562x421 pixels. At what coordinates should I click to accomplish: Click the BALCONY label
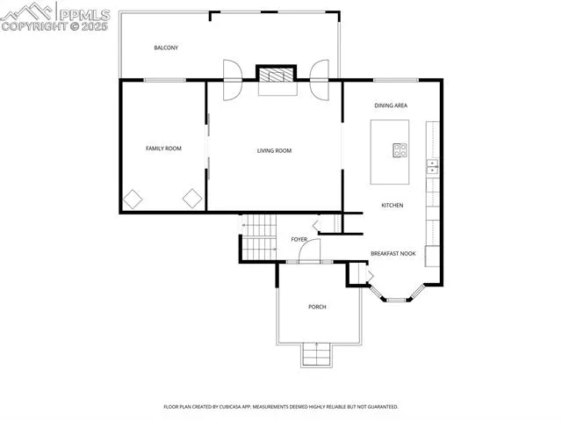coord(166,47)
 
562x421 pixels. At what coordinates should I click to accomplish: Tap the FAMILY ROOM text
coord(163,149)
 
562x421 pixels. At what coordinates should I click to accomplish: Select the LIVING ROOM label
coord(274,151)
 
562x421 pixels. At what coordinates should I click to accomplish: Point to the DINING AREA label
coord(391,105)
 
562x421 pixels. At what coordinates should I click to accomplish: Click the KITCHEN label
coord(392,206)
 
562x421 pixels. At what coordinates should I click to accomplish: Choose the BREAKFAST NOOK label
coord(393,253)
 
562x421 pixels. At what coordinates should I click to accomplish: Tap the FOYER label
coord(299,239)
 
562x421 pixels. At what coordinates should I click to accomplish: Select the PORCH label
coord(317,307)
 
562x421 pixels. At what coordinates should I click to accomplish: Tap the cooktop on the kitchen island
coord(400,150)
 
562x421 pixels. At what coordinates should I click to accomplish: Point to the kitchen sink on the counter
coord(432,166)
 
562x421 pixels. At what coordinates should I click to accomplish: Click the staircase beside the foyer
coord(259,237)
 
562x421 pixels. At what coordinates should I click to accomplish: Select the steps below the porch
coord(317,354)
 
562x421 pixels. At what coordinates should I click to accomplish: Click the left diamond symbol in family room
coord(133,199)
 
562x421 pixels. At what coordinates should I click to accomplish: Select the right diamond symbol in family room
coord(192,199)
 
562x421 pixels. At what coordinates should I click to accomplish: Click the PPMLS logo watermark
coord(56,17)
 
